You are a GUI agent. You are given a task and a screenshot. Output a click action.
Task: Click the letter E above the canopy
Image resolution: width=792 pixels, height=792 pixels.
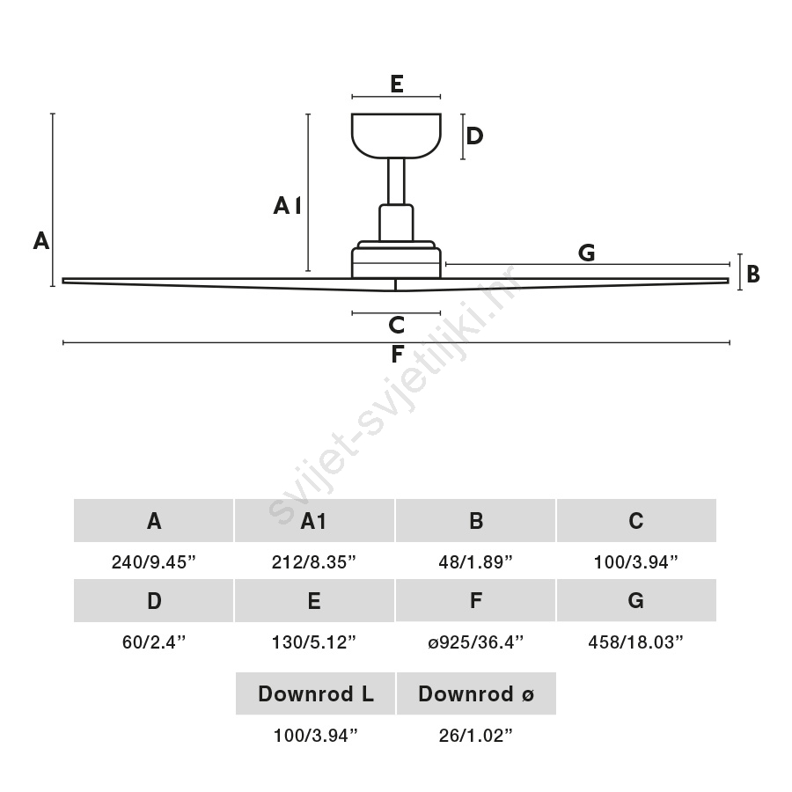point(397,84)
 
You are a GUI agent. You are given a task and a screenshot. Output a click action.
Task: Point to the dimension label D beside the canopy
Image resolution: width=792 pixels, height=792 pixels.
point(474,136)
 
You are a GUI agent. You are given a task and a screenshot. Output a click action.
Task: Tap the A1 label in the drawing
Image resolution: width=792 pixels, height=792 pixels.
point(288,206)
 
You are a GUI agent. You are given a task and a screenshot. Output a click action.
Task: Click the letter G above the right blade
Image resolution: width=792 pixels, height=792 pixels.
point(586,253)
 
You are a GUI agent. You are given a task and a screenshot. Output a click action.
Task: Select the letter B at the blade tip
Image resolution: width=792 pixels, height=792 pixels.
point(752,274)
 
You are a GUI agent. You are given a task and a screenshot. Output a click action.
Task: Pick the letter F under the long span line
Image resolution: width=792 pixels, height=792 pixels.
point(397,354)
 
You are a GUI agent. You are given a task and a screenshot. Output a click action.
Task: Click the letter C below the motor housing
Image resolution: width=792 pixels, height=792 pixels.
point(397,325)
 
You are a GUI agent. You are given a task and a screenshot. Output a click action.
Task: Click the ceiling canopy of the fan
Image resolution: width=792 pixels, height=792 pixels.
point(396,136)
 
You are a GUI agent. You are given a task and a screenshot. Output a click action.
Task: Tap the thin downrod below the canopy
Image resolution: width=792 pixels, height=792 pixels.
point(396,181)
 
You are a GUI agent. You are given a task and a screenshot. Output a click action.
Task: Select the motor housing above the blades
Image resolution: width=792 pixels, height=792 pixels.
point(396,259)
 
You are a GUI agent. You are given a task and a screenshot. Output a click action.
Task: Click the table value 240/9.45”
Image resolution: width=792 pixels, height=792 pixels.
point(153,561)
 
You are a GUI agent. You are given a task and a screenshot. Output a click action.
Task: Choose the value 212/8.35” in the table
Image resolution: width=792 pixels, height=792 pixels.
point(313,561)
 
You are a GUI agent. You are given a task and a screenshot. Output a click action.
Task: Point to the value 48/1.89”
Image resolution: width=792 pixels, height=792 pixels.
point(475,561)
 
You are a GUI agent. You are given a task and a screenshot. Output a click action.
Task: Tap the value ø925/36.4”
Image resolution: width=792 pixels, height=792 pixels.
point(475,642)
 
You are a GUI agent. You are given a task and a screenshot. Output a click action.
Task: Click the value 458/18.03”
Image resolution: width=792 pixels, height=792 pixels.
point(635,642)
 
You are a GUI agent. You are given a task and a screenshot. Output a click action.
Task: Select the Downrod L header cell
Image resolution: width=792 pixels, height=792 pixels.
point(315,693)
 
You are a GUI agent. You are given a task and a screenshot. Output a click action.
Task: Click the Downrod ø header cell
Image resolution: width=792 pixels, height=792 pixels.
point(476,693)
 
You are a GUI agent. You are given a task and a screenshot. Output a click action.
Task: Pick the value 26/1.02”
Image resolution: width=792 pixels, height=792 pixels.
point(475,736)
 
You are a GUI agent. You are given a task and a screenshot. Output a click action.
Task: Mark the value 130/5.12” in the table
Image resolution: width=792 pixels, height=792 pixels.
point(313,642)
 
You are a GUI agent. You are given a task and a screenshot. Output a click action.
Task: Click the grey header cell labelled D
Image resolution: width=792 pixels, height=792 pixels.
point(153,600)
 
